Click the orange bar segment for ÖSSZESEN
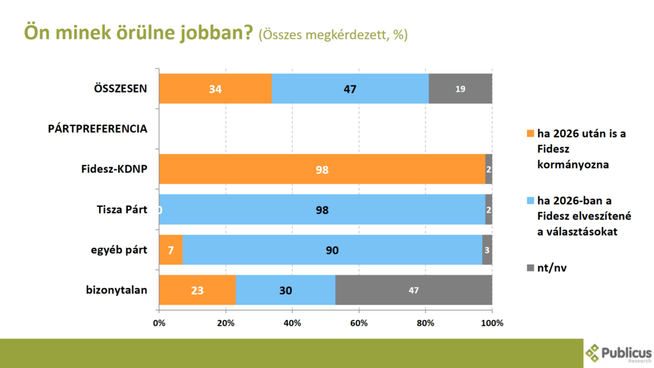pyautogui.click(x=215, y=89)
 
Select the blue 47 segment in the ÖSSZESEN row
pyautogui.click(x=350, y=89)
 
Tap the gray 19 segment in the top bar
pyautogui.click(x=460, y=89)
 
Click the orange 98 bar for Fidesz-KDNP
pyautogui.click(x=322, y=169)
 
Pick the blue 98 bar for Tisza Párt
pyautogui.click(x=322, y=210)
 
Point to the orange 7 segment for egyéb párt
pyautogui.click(x=171, y=250)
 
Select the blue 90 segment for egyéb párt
pyautogui.click(x=332, y=250)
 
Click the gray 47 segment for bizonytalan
pyautogui.click(x=413, y=290)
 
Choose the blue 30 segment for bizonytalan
pyautogui.click(x=285, y=290)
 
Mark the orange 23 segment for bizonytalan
pyautogui.click(x=197, y=290)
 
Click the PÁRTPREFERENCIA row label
pyautogui.click(x=98, y=128)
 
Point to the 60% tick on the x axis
pyautogui.click(x=359, y=323)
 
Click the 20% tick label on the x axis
pyautogui.click(x=225, y=323)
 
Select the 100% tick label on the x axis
pyautogui.click(x=492, y=323)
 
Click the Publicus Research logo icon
pyautogui.click(x=594, y=352)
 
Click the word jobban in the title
pyautogui.click(x=213, y=33)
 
